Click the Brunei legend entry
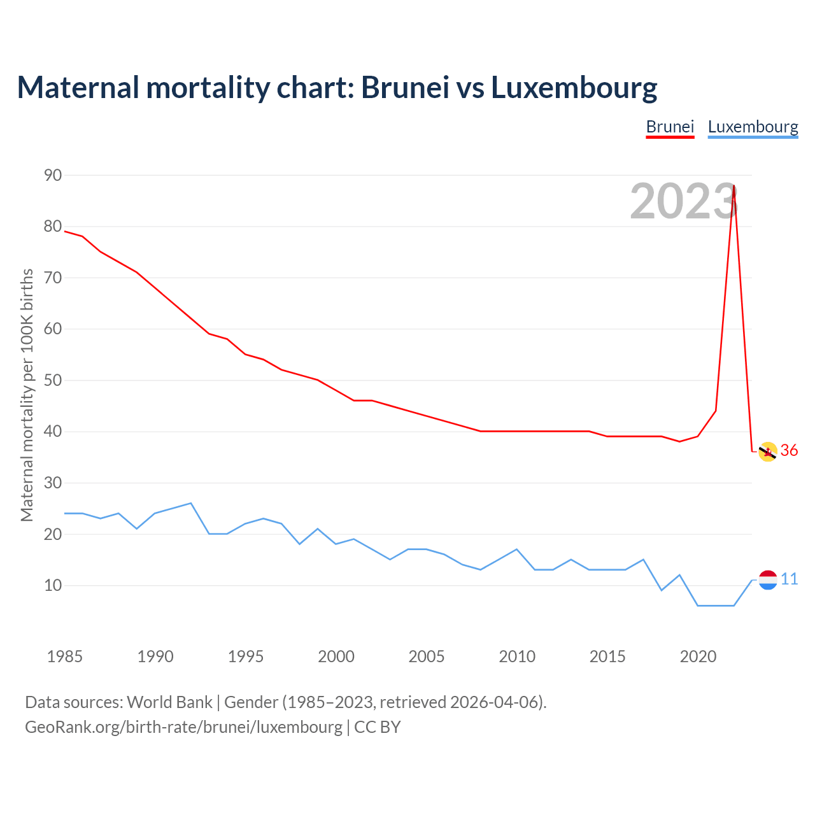[x=670, y=127]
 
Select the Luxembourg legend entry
[x=753, y=127]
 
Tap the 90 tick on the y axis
[x=53, y=175]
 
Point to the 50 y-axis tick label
[x=53, y=380]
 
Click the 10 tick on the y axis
[x=53, y=585]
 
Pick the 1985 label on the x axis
[x=65, y=656]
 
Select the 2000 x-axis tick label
[x=336, y=656]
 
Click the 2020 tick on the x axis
[x=698, y=656]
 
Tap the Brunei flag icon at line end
[x=768, y=451]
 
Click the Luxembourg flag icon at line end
[x=768, y=579]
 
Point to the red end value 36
[x=790, y=451]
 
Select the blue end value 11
[x=790, y=579]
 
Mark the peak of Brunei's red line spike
[x=734, y=186]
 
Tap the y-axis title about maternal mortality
[x=27, y=395]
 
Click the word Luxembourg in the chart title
[x=574, y=87]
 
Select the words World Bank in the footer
[x=169, y=702]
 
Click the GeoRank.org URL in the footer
[x=183, y=727]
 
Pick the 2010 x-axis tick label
[x=517, y=656]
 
